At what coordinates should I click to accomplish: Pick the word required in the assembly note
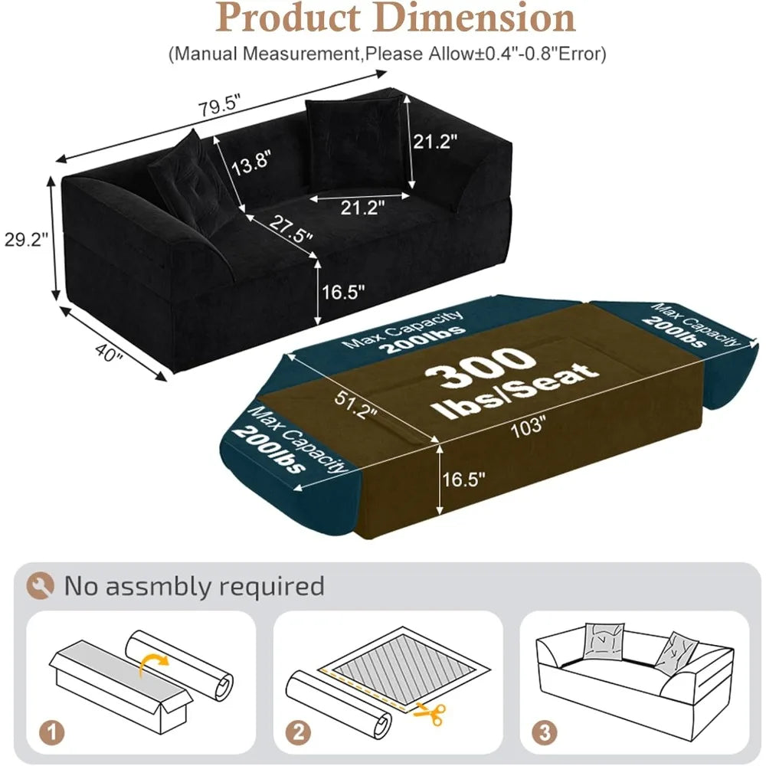272,586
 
